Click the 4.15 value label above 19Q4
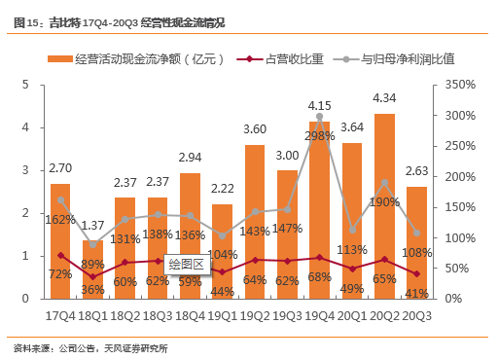coord(320,105)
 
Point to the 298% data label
coord(320,135)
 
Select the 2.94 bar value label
coord(191,158)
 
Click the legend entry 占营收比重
coord(290,59)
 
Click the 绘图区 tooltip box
coord(186,263)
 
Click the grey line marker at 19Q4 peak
coord(320,117)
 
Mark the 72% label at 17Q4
coord(59,274)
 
